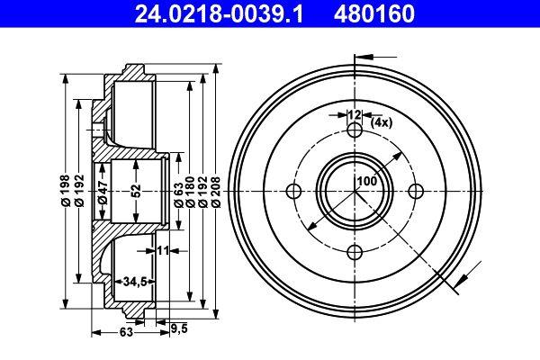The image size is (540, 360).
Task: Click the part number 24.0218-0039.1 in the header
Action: (x=219, y=13)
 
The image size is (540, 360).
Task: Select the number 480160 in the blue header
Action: (x=374, y=13)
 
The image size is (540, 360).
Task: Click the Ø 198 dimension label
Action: (x=66, y=191)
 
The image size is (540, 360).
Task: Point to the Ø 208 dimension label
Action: (x=216, y=192)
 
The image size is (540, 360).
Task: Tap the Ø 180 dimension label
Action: (x=190, y=192)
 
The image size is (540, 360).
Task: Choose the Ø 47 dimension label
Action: (x=103, y=192)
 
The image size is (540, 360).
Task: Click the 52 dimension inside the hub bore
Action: (x=136, y=191)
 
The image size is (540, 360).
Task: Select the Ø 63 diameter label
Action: (x=179, y=194)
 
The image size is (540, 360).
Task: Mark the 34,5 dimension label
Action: (x=135, y=282)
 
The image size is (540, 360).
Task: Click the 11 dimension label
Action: (x=163, y=250)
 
